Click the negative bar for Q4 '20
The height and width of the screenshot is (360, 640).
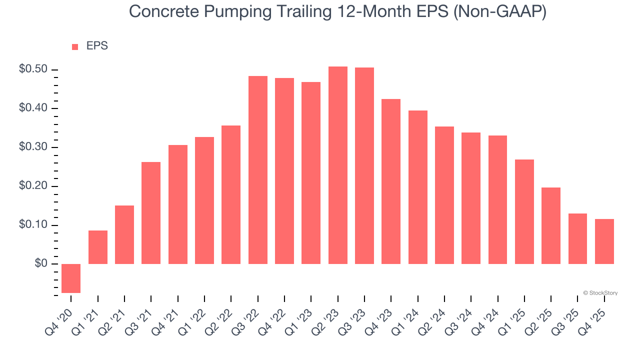click(71, 278)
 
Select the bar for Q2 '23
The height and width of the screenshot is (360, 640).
click(337, 165)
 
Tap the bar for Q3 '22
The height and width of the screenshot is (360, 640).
click(257, 170)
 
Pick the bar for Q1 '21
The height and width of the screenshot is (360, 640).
click(98, 247)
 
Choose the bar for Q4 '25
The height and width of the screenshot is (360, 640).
click(604, 241)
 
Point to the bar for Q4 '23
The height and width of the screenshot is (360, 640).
click(391, 181)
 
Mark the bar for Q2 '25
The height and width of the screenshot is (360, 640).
click(551, 225)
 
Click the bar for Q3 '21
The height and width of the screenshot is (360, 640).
click(151, 213)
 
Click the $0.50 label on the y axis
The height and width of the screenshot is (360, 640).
click(33, 69)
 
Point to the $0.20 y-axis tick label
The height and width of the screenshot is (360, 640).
click(33, 186)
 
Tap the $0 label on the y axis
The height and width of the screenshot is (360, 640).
click(41, 264)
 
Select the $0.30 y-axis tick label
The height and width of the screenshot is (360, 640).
click(33, 147)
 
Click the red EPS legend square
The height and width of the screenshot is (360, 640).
click(75, 46)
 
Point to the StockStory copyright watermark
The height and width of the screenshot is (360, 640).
click(600, 293)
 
